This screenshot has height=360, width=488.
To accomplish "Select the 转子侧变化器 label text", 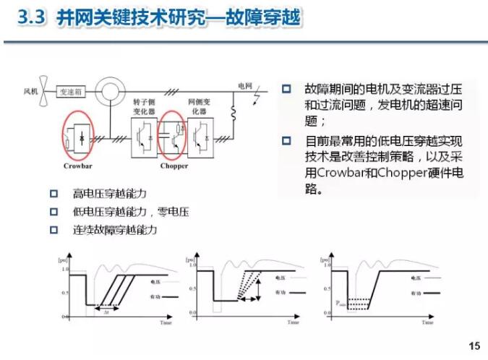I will click(x=144, y=108).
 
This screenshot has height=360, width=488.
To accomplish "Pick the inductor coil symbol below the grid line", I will click(x=234, y=113).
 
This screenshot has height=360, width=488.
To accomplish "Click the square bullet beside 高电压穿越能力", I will click(x=53, y=193).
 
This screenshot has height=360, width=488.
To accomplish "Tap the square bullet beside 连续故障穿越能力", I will click(x=53, y=230).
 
